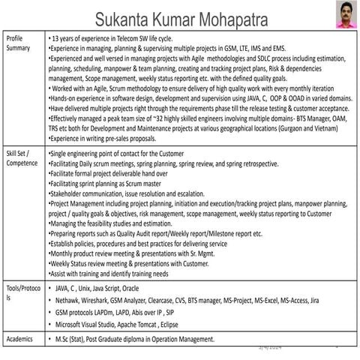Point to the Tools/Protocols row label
tap(22, 292)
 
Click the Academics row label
tap(20, 339)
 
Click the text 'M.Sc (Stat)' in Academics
tap(74, 339)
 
